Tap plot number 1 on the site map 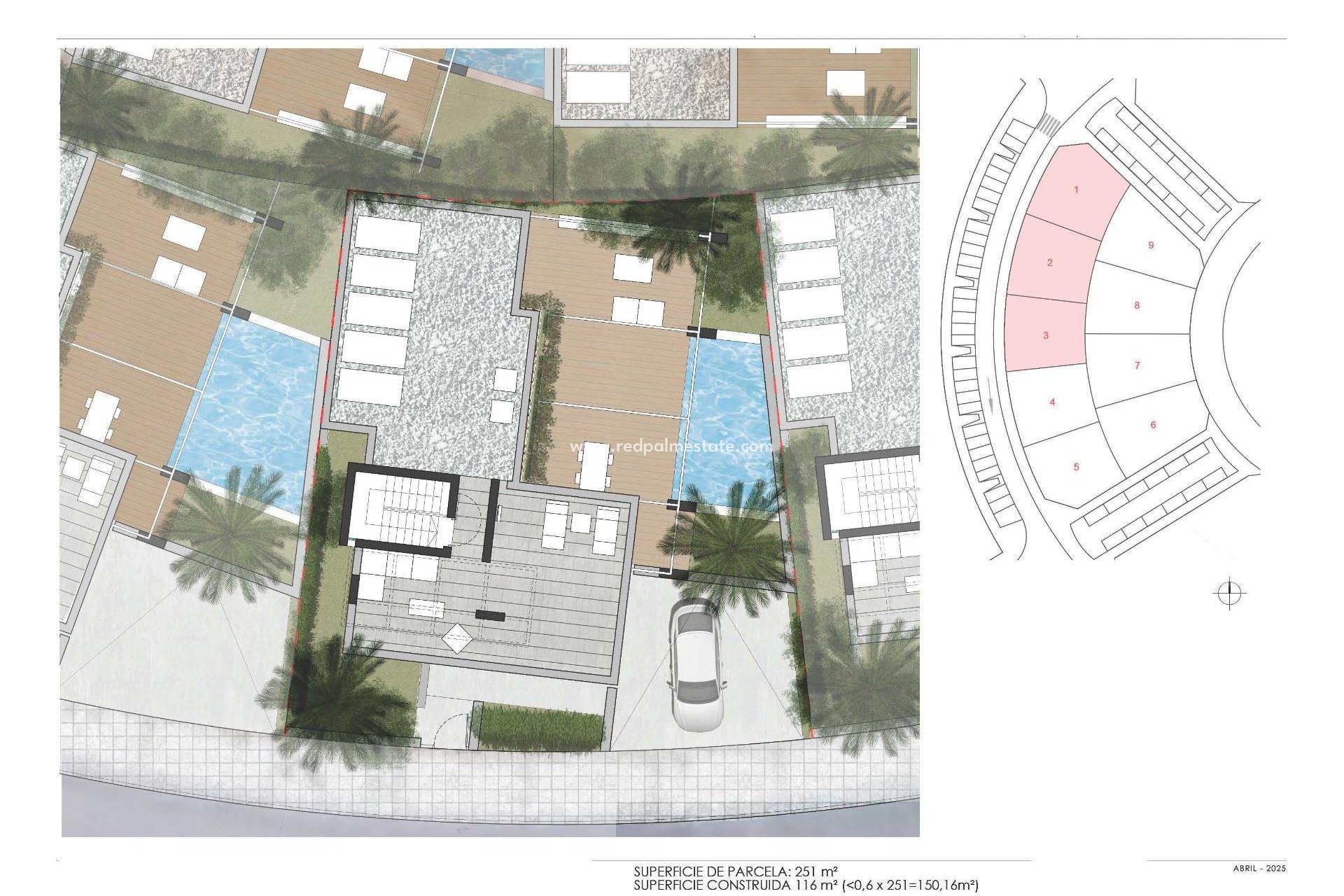[1077, 190]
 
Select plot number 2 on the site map [1049, 262]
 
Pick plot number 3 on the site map [1046, 335]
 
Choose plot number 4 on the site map [1052, 402]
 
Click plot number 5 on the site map [1077, 467]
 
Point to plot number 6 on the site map [1153, 425]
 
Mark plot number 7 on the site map [1137, 365]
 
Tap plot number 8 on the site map [1137, 305]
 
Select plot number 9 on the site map [1151, 245]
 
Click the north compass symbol [1229, 594]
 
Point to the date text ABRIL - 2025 [1259, 869]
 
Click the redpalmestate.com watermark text [671, 447]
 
